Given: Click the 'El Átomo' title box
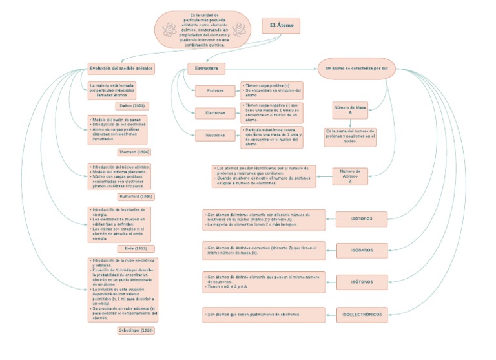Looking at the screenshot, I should [281, 26].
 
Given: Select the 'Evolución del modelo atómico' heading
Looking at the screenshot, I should [121, 68].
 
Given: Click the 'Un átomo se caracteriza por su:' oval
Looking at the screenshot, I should [356, 68].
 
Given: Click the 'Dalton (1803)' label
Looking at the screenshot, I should [135, 105].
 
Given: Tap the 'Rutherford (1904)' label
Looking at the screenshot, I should [136, 196].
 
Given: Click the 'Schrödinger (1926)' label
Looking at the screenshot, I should [136, 330].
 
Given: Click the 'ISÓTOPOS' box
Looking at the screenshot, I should [362, 218].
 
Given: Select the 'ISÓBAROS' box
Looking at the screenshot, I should [362, 249].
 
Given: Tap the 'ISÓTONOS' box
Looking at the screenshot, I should [362, 282].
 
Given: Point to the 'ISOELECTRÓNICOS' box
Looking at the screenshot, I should [362, 315].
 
